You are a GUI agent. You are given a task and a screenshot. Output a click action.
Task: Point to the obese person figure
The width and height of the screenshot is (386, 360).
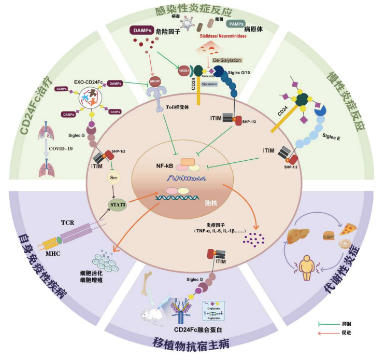309,266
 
